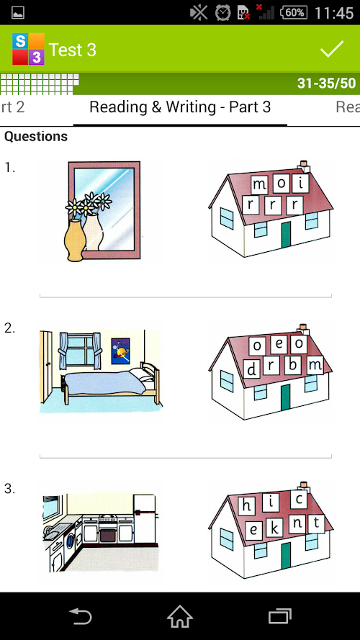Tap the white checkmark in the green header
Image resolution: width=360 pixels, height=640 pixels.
[332, 49]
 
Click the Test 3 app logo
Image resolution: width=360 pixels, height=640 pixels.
[28, 49]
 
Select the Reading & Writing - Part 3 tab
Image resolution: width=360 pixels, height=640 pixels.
[180, 107]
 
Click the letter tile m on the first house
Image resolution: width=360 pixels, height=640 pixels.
[259, 184]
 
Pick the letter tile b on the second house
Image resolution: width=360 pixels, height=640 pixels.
[292, 365]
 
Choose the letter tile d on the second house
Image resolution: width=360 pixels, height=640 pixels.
[252, 369]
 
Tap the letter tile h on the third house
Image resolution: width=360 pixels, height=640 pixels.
[246, 505]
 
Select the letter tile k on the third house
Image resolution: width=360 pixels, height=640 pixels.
[275, 529]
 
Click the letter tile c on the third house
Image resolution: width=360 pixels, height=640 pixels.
[299, 499]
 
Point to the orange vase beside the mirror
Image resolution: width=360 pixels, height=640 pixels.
[75, 240]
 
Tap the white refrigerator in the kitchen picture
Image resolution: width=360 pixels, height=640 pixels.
[144, 519]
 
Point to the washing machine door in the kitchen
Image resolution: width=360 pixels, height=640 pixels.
[70, 541]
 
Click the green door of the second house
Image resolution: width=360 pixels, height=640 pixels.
[285, 397]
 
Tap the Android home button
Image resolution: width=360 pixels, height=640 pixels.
[180, 616]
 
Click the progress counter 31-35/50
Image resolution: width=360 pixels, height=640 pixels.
[326, 84]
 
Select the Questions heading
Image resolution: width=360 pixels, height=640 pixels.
[36, 136]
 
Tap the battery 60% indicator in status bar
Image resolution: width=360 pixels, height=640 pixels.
[294, 13]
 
